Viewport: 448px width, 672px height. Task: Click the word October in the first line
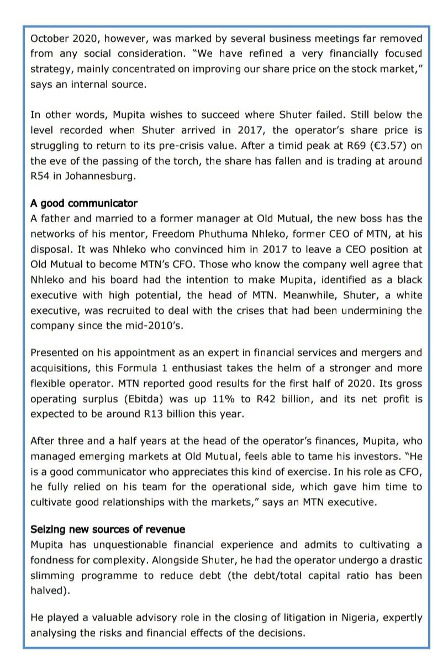click(49, 39)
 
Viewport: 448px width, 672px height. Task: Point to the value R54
click(40, 177)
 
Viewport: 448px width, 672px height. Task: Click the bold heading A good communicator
click(84, 203)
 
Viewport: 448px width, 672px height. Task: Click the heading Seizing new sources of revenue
click(108, 530)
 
